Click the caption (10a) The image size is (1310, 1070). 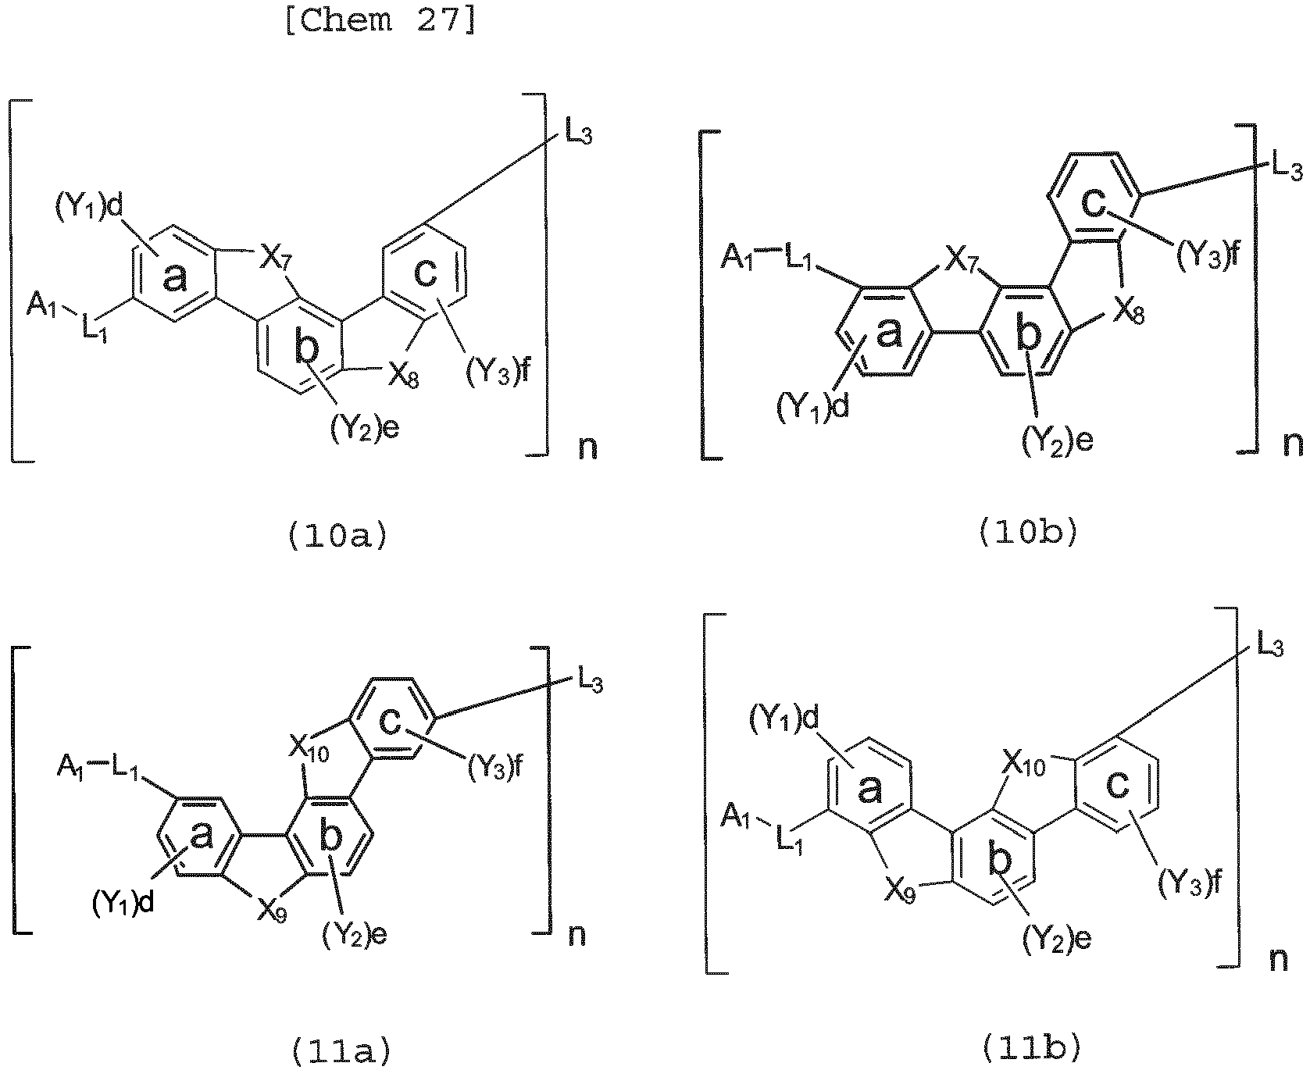[x=338, y=538]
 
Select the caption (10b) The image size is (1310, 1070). [x=1028, y=535]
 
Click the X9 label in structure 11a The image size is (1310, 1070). [x=269, y=911]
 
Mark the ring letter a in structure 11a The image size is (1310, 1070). [x=202, y=836]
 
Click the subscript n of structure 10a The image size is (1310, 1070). [x=587, y=448]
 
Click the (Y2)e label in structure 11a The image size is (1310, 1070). [x=355, y=934]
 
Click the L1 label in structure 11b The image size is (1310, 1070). [x=790, y=840]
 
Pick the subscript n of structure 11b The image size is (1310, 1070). [x=1278, y=958]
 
